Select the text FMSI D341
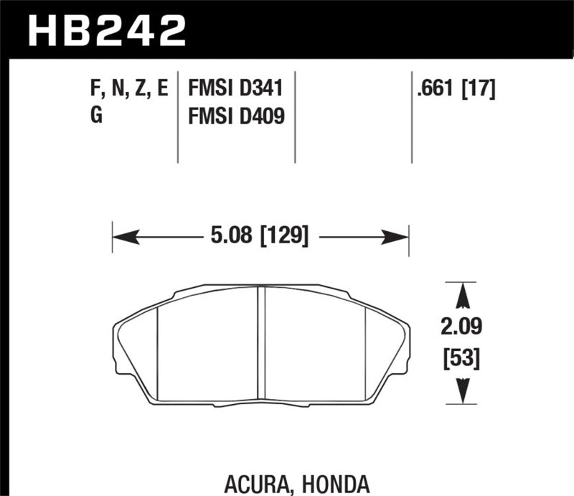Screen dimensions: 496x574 coord(235,89)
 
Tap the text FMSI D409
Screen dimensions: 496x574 coord(235,115)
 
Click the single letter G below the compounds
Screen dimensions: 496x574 coord(96,115)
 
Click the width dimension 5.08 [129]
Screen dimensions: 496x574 coord(260,235)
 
